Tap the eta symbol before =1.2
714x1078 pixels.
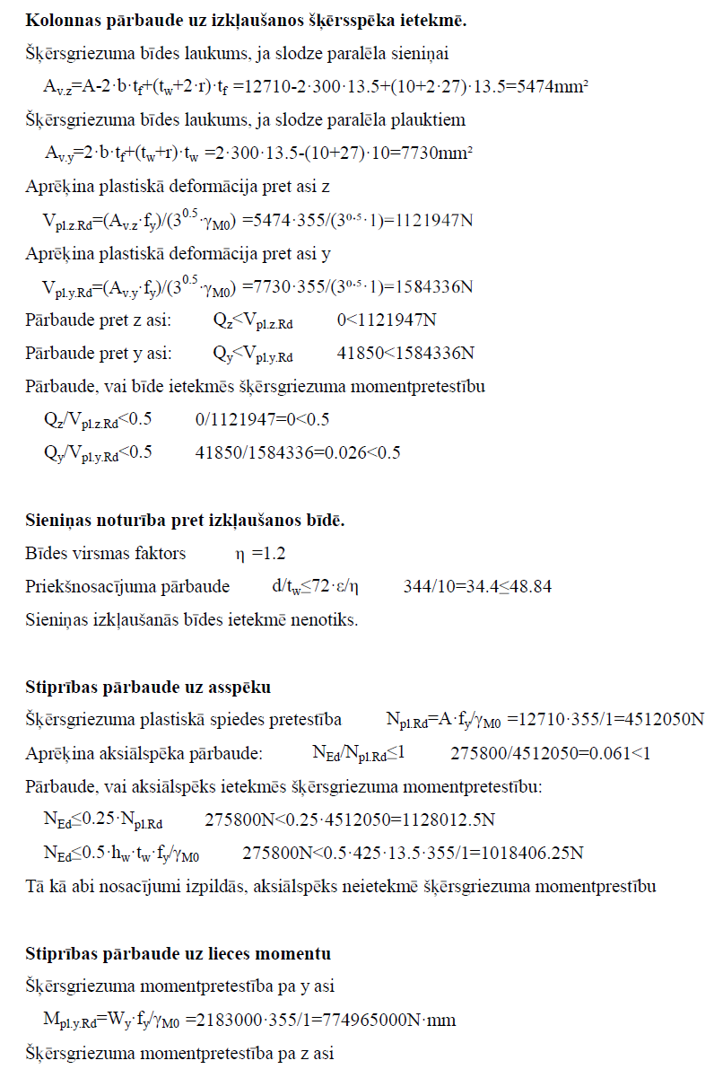pyautogui.click(x=240, y=555)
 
